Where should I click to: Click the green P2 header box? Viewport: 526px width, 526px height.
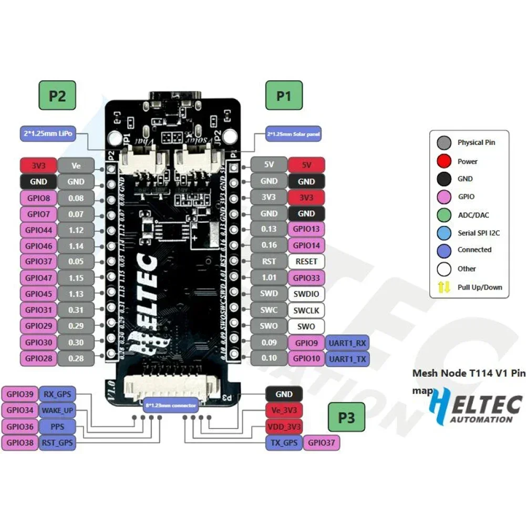pos(57,96)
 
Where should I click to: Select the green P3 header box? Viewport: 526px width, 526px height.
pos(347,418)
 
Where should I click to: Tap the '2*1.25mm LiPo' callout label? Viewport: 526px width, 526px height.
pos(47,133)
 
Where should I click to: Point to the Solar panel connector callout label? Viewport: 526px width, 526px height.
pos(294,135)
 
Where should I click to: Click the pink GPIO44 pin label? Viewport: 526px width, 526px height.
pos(38,230)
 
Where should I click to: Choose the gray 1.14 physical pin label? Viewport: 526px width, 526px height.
pos(76,245)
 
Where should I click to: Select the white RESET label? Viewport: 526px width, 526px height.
pos(306,261)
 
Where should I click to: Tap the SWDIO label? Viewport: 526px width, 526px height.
pos(306,294)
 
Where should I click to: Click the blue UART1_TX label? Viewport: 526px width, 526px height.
pos(347,358)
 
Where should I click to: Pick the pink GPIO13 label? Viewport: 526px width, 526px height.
pos(306,229)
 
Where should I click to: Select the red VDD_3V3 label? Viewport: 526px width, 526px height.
pos(284,426)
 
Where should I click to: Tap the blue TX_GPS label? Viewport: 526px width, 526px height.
pos(284,442)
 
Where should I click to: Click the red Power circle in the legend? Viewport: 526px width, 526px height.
pos(444,161)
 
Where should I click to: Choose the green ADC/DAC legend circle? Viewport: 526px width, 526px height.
pos(444,215)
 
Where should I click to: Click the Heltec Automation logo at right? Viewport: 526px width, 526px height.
pos(476,406)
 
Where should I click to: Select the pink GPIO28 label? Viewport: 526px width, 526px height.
pos(38,358)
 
